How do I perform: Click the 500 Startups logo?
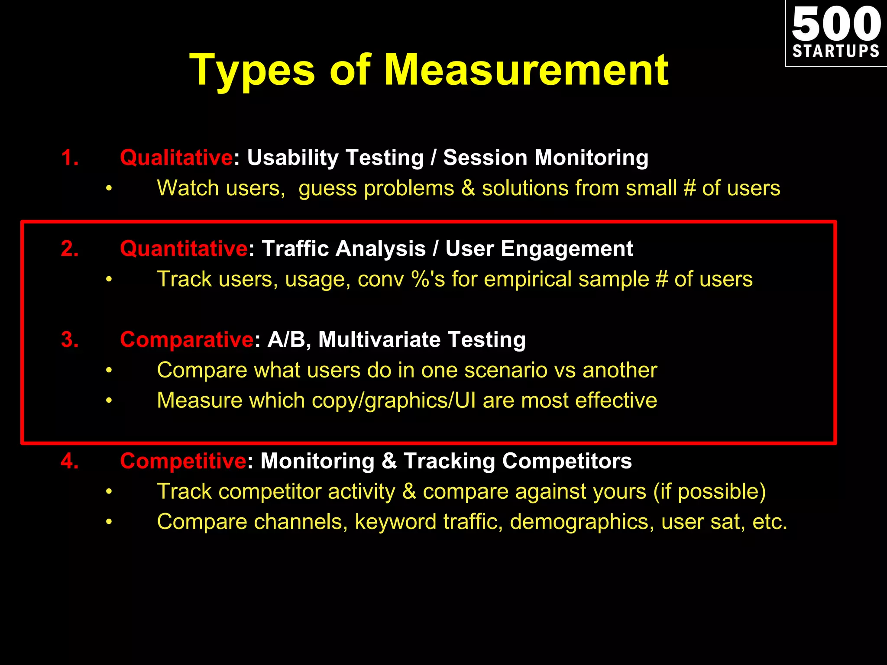click(x=836, y=33)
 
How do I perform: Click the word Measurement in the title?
click(x=526, y=70)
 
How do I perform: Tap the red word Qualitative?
click(x=176, y=158)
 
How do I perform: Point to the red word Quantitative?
click(x=184, y=249)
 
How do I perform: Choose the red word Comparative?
click(x=187, y=339)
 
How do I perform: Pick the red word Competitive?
click(x=183, y=461)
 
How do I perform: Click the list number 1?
click(x=70, y=158)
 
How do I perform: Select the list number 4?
click(x=70, y=461)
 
